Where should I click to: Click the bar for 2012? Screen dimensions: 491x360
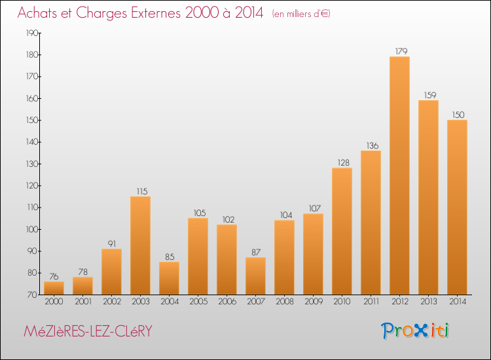point(399,175)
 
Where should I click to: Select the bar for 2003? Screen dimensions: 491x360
point(140,245)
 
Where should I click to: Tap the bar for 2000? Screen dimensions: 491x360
point(54,288)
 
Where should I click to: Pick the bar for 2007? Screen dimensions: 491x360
point(255,276)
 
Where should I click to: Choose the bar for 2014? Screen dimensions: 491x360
point(457,207)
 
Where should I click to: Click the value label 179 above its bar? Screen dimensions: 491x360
point(401,51)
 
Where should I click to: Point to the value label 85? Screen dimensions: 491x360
point(170,257)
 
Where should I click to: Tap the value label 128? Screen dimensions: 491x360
point(344,162)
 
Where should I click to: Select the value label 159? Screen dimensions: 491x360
point(430,95)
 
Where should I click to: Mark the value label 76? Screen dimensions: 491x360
point(54,276)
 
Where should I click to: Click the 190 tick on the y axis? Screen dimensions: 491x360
point(32,33)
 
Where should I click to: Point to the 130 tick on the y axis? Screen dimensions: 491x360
point(32,164)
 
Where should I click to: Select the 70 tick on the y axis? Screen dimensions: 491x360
point(33,295)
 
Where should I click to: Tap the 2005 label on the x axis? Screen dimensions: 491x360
point(198,301)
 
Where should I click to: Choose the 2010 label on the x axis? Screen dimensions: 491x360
point(342,301)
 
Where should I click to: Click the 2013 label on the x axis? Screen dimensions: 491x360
point(429,301)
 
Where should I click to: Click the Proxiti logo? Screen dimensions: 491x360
point(415,331)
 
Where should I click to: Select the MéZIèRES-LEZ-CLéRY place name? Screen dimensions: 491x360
point(88,331)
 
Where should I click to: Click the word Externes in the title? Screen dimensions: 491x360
point(156,13)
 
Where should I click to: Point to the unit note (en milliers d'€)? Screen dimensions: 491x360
point(301,14)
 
